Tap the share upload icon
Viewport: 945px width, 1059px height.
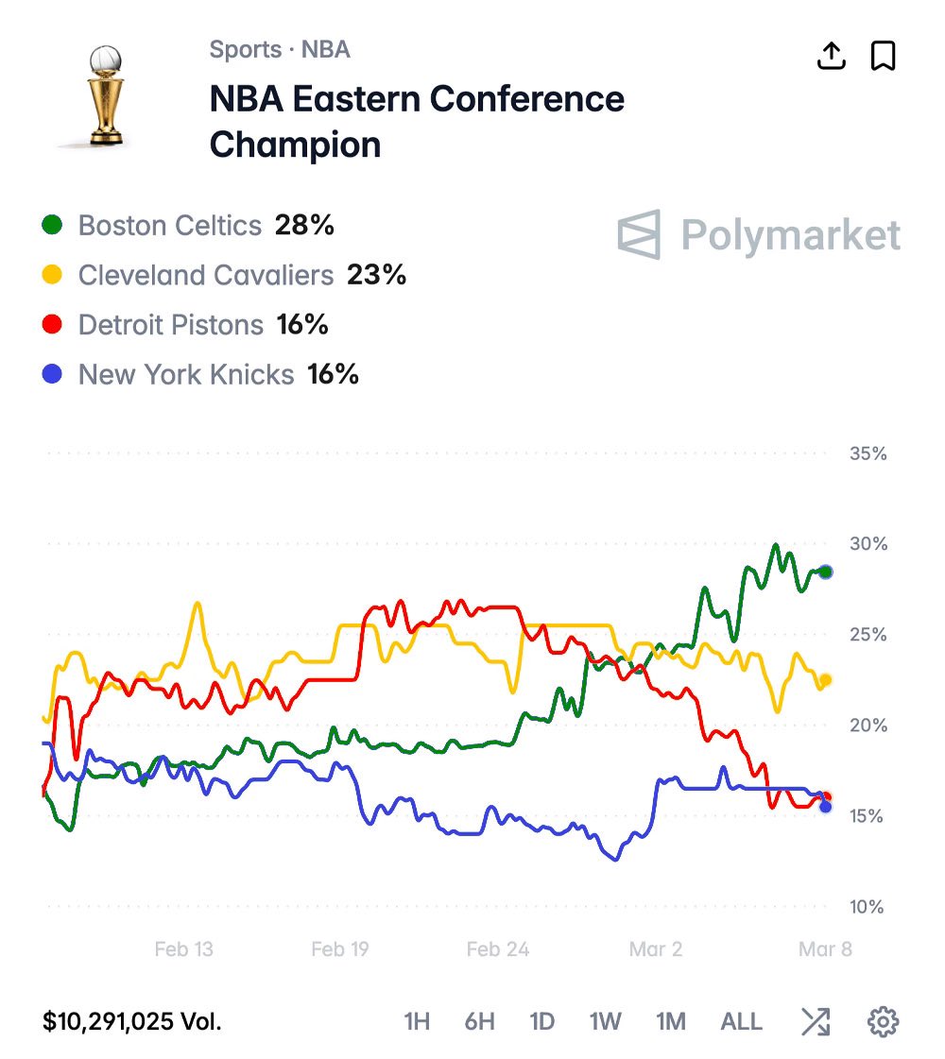[831, 57]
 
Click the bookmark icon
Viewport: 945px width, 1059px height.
[883, 57]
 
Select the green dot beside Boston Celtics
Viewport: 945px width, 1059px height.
[53, 226]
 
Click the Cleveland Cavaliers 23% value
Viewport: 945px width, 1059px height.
[376, 275]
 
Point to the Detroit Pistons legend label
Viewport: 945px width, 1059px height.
[171, 325]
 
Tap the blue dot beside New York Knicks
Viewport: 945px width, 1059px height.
[53, 375]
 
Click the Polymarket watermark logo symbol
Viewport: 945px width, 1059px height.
[640, 234]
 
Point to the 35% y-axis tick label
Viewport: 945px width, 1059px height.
[868, 453]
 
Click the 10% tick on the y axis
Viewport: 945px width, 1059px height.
[868, 907]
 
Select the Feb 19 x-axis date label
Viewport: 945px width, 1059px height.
[340, 949]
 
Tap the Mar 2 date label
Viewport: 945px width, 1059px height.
[656, 949]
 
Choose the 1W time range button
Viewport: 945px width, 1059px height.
[605, 1021]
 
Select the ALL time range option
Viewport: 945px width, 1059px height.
[741, 1021]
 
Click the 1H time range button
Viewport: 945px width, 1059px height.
[417, 1021]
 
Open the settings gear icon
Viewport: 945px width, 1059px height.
[883, 1021]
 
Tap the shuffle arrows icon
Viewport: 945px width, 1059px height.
[816, 1021]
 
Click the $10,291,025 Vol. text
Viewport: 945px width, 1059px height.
[132, 1021]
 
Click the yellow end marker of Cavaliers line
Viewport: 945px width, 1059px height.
[826, 679]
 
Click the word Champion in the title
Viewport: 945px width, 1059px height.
[295, 145]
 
